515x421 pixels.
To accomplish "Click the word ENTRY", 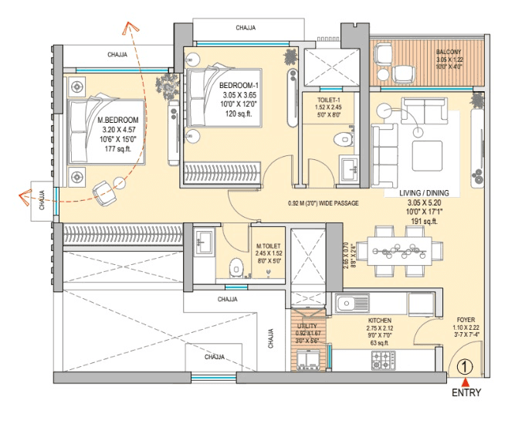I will [x=466, y=393].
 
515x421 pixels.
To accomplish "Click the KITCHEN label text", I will [x=379, y=320].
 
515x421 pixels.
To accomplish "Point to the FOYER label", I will [x=466, y=317].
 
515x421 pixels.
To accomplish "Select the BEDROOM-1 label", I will [x=239, y=85].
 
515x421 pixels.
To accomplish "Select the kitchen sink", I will [x=351, y=302].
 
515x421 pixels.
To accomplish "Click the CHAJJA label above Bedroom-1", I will [x=247, y=28].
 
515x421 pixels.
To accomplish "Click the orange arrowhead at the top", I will [x=131, y=29].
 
